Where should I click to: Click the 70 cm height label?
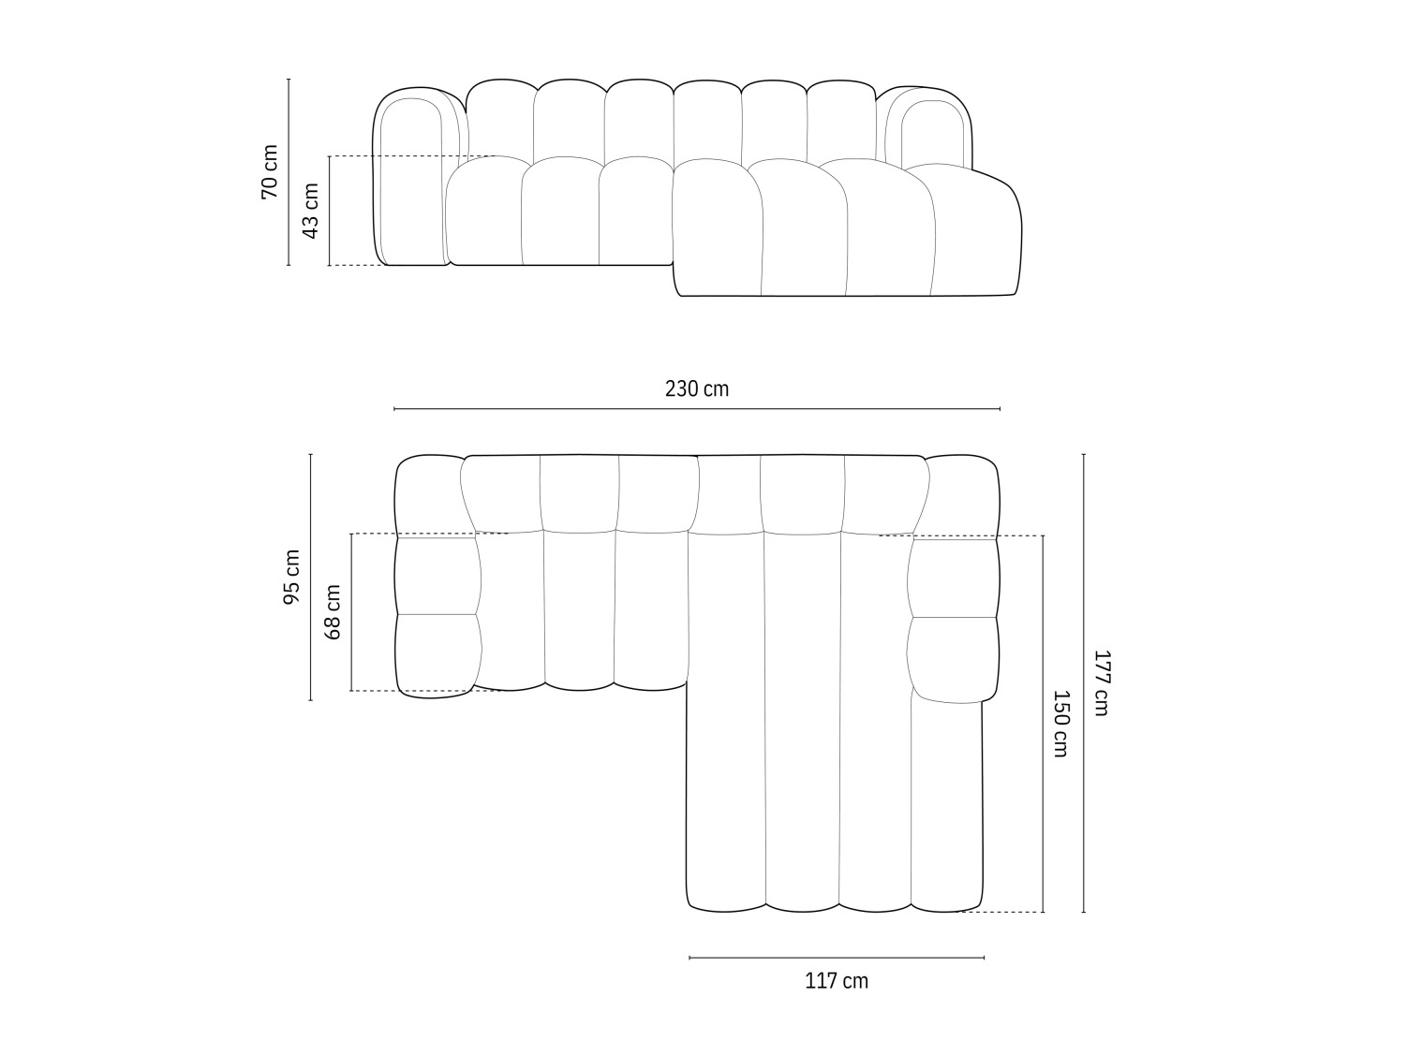point(269,171)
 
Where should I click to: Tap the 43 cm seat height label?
point(310,210)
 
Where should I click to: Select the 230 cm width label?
point(696,388)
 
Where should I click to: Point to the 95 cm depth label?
point(291,577)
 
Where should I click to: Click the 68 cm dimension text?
point(333,611)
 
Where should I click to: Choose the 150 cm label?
point(1060,724)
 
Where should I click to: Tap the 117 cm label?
point(837,981)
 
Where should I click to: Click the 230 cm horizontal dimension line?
point(696,409)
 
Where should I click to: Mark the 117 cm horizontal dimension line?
point(837,958)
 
